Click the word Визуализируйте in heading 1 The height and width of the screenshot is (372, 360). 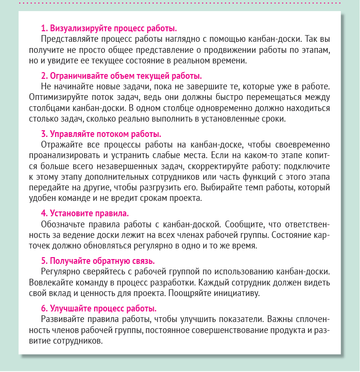click(78, 27)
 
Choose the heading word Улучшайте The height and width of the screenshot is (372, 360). click(69, 309)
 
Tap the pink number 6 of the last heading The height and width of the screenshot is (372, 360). click(43, 309)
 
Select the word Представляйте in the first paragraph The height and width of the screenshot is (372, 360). click(66, 38)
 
